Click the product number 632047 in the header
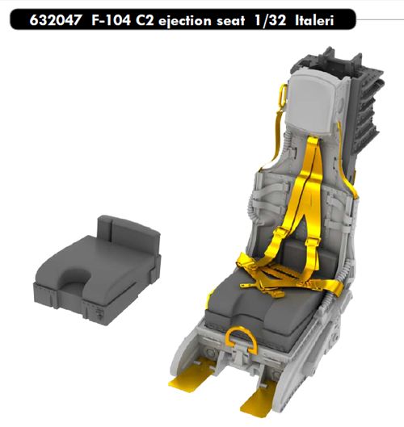coord(55,20)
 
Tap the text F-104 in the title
coord(111,20)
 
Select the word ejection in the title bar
coord(184,21)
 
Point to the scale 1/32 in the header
coord(270,20)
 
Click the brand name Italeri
coord(314,20)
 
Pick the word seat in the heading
coord(230,21)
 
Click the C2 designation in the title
coord(145,20)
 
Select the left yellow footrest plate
coord(189,375)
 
